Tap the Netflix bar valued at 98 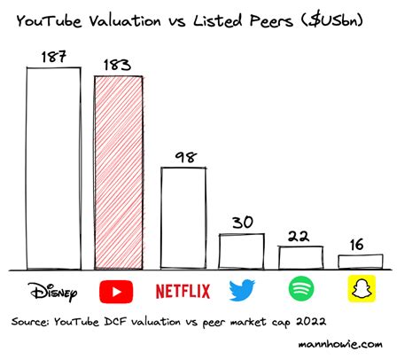pos(183,217)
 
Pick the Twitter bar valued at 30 pos(242,251)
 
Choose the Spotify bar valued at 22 pos(301,257)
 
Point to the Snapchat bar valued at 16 pos(360,262)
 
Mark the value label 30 pos(243,222)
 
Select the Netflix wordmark pos(183,290)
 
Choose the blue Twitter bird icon pos(242,290)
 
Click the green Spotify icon pos(301,290)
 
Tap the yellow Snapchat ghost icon pos(360,289)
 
